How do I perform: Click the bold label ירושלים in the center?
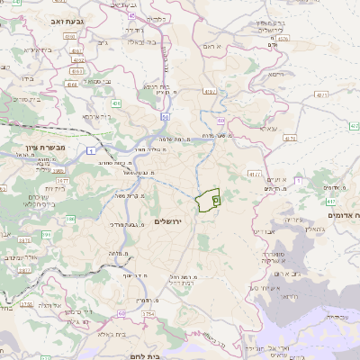point(168,221)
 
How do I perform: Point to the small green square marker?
point(216,201)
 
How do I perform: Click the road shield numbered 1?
point(94,149)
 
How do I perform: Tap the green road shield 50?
point(166,116)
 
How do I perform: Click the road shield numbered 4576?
point(283,39)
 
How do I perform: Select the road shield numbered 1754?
point(147,313)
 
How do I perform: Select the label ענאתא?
point(267,129)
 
